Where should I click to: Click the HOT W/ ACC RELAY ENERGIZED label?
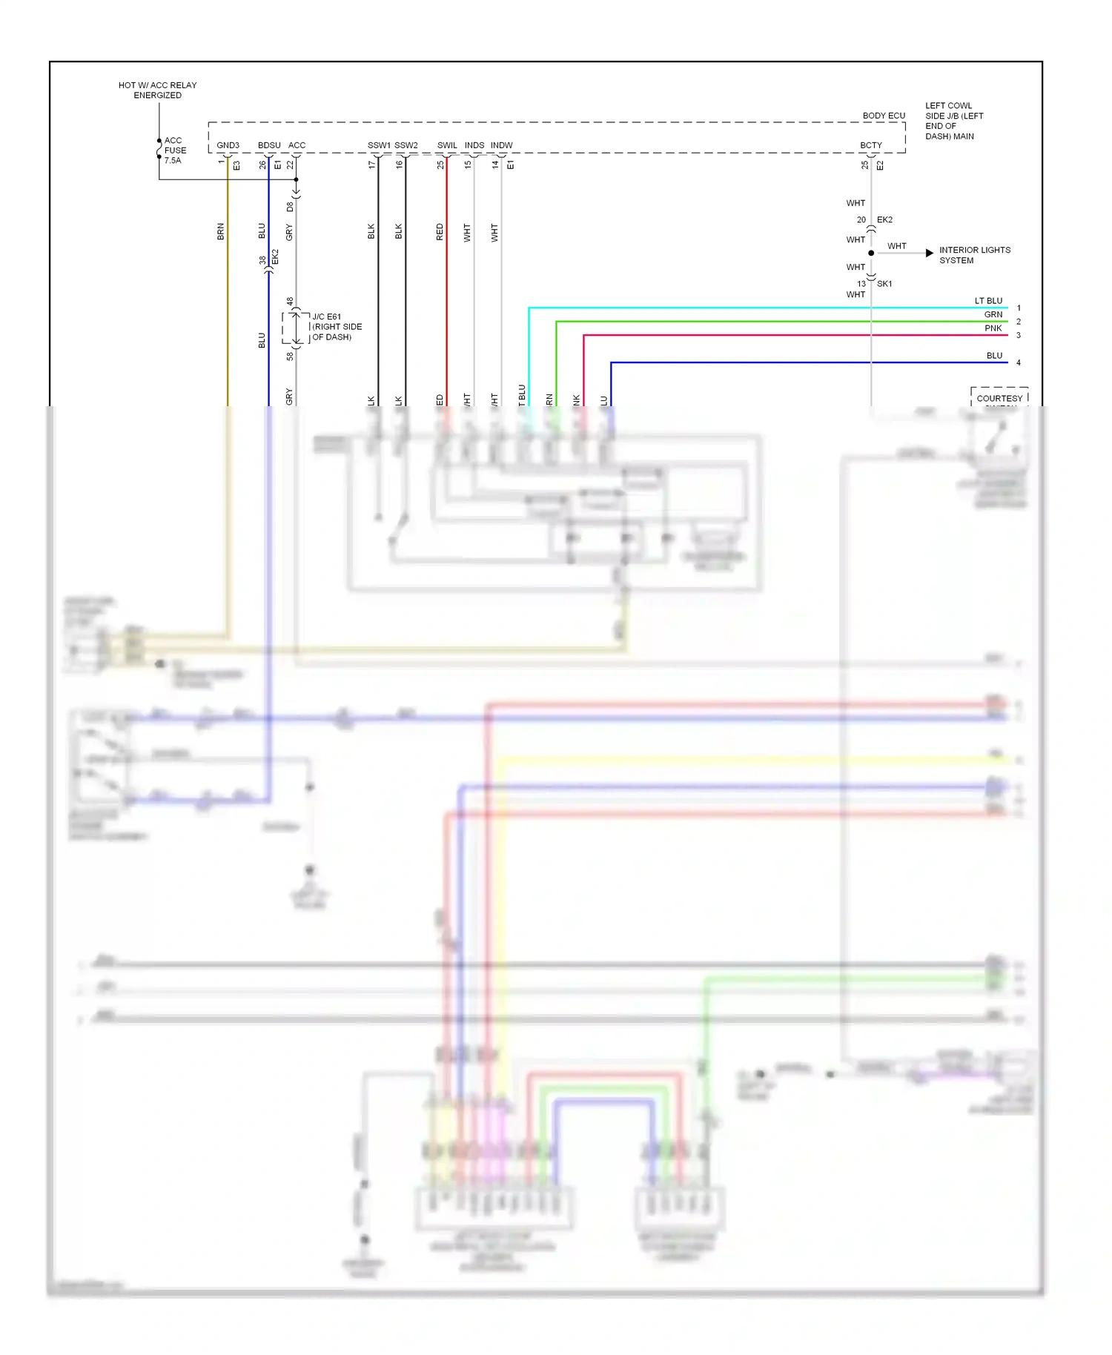pos(157,90)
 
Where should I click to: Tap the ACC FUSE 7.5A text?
pos(175,150)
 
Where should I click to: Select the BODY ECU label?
pos(884,116)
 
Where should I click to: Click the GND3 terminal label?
pos(228,145)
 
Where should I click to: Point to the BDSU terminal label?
pos(269,145)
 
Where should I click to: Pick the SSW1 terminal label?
pos(379,145)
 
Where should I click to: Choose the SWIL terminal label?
pos(447,145)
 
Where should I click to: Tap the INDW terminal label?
pos(502,145)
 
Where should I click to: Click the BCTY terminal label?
pos(871,145)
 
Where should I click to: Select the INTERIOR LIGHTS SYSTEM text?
pos(974,255)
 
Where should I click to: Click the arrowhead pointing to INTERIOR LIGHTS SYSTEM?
pos(930,253)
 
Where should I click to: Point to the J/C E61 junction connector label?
pos(337,326)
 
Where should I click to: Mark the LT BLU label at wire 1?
pos(988,301)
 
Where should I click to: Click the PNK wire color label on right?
pos(993,328)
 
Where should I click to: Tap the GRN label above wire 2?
pos(993,314)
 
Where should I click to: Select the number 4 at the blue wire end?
pos(1019,362)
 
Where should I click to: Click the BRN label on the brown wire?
pos(220,231)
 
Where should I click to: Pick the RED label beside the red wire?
pos(440,231)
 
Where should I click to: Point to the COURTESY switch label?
pos(999,398)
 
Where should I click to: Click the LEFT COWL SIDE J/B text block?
pos(953,121)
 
